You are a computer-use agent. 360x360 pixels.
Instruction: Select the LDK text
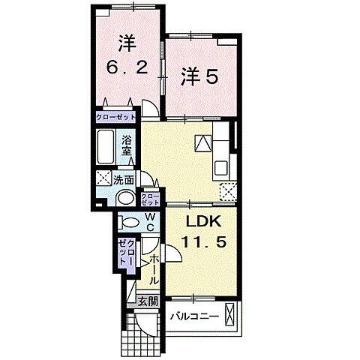click(x=201, y=223)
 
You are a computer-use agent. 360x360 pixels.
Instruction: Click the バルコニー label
click(x=193, y=316)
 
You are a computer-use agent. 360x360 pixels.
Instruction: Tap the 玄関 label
click(x=147, y=301)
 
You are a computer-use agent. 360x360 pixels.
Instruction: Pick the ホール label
click(x=154, y=269)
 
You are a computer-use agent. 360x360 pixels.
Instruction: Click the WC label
click(x=150, y=223)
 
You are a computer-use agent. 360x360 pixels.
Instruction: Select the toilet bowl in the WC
click(x=129, y=222)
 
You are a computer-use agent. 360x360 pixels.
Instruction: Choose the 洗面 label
click(x=124, y=179)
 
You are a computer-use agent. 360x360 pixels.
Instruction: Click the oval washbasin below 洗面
click(x=126, y=199)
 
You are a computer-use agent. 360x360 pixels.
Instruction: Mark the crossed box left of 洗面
click(x=103, y=179)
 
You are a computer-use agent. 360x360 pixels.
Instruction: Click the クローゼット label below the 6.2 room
click(x=116, y=118)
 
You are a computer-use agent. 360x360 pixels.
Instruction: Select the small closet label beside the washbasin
click(x=150, y=199)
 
